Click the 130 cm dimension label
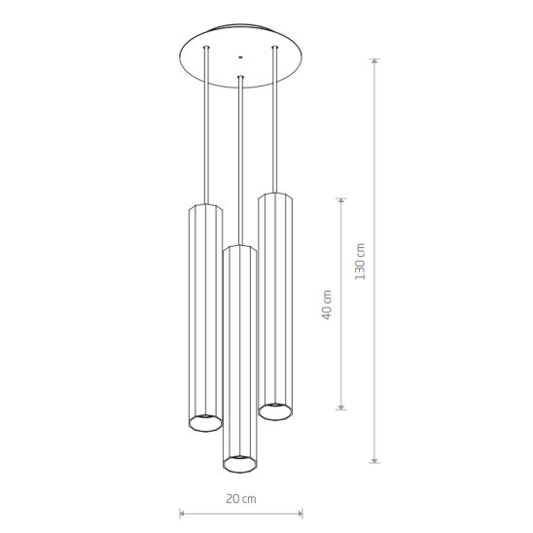360,262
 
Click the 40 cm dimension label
327,304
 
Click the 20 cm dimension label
241,499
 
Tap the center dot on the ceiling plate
240,57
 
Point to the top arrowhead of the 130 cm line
374,61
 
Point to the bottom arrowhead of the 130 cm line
374,460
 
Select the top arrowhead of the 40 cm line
341,200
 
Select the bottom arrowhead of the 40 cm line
341,407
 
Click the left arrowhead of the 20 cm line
182,514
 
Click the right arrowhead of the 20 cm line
300,514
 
